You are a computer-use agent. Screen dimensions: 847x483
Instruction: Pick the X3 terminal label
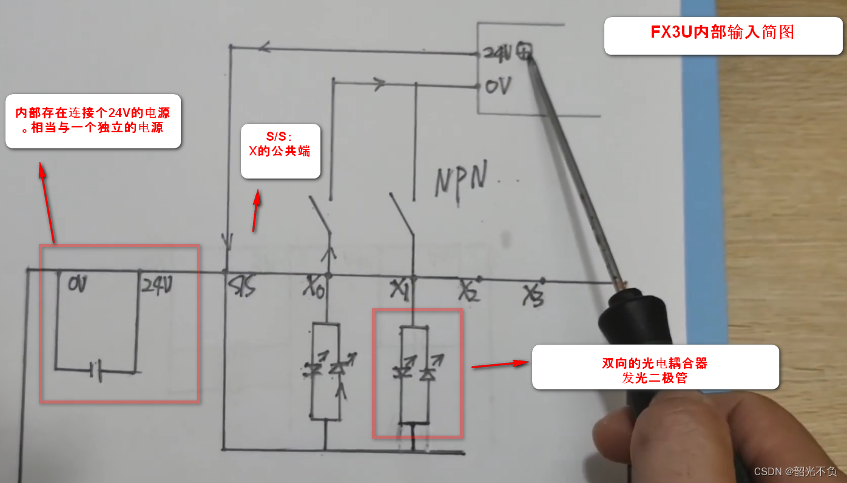534,296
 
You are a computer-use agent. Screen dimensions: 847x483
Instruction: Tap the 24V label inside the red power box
156,283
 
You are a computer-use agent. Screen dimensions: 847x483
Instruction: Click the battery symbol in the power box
95,368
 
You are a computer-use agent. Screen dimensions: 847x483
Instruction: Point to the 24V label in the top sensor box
498,53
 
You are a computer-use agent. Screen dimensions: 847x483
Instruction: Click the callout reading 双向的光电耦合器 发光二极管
655,368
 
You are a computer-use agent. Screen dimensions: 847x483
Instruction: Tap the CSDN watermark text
795,471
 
